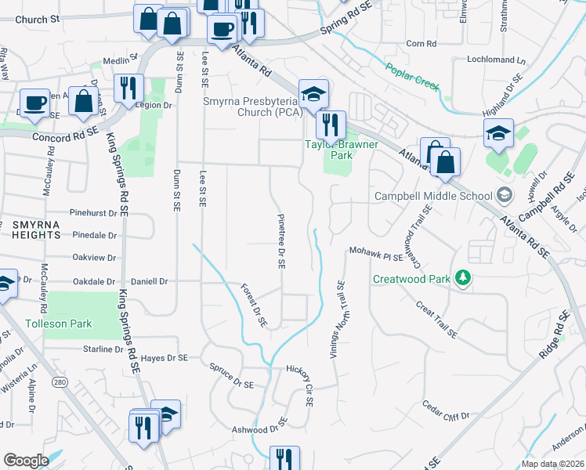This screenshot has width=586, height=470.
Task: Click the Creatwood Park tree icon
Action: [463, 278]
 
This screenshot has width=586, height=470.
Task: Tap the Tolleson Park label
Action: [58, 324]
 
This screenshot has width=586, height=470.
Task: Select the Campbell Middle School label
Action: [433, 195]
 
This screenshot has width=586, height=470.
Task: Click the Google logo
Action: [26, 461]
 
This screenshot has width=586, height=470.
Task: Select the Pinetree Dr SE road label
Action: [280, 241]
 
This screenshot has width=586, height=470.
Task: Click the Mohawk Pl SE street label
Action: [376, 255]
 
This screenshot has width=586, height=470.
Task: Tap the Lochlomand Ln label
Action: [495, 60]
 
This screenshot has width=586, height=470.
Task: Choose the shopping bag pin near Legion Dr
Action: [84, 101]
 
